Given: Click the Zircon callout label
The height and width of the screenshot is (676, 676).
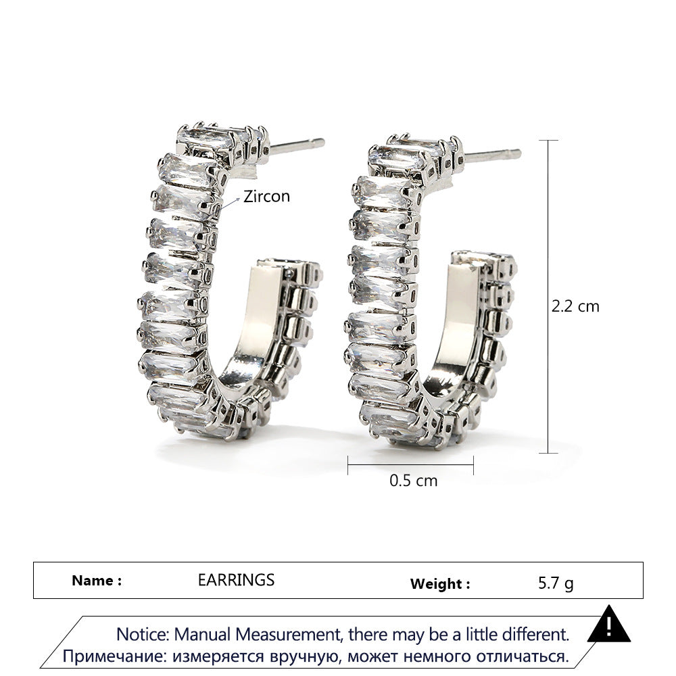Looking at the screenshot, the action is (x=267, y=196).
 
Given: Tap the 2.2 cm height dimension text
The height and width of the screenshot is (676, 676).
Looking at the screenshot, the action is (x=575, y=306).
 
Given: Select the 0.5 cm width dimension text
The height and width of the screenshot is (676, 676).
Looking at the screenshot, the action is (x=414, y=480).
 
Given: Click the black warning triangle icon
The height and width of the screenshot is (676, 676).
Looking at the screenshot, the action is (x=609, y=624).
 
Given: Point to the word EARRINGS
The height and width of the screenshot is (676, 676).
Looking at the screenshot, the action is (x=236, y=580).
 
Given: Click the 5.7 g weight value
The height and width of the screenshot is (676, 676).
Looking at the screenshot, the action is (x=556, y=583).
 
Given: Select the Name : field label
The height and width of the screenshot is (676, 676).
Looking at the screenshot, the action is (x=97, y=580).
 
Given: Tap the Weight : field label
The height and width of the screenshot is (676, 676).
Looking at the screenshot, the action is (x=440, y=584).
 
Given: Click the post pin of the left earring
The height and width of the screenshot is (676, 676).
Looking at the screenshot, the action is (x=297, y=146).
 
